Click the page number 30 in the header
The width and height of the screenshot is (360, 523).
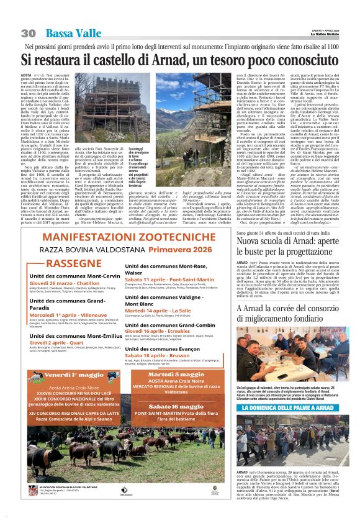pyautogui.click(x=28, y=33)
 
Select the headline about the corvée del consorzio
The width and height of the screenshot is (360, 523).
pyautogui.click(x=289, y=314)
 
